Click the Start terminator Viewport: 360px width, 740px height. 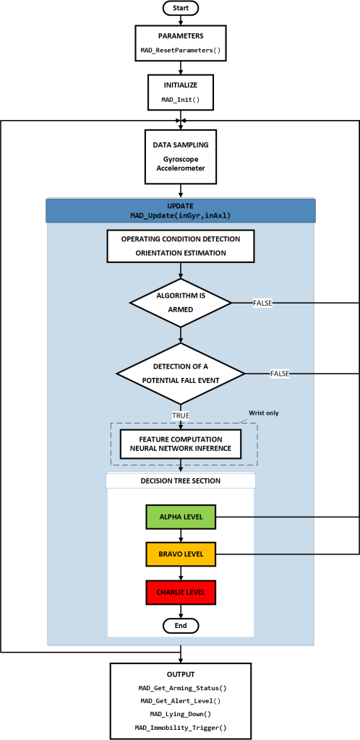pyautogui.click(x=181, y=8)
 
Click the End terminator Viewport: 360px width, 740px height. pyautogui.click(x=181, y=625)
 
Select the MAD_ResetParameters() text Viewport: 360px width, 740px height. pyautogui.click(x=181, y=50)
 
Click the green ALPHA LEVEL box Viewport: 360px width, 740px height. pyautogui.click(x=181, y=517)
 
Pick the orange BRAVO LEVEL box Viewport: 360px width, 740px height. pyautogui.click(x=181, y=554)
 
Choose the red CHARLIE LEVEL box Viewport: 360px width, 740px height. pyautogui.click(x=181, y=592)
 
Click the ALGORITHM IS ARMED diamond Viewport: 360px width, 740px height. pyautogui.click(x=181, y=303)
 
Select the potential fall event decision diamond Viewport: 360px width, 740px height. pyautogui.click(x=181, y=374)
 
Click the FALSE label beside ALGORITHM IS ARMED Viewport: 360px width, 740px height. pyautogui.click(x=263, y=304)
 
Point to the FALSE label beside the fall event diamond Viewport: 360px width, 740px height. pyautogui.click(x=280, y=374)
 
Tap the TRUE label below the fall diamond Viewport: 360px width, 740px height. pyautogui.click(x=181, y=416)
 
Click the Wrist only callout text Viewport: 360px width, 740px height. pyautogui.click(x=264, y=413)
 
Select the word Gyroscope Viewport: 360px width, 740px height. pyautogui.click(x=181, y=159)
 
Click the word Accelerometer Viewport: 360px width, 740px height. pyautogui.click(x=181, y=168)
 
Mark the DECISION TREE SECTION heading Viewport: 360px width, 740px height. pyautogui.click(x=181, y=481)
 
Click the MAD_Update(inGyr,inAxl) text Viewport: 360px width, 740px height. pyautogui.click(x=181, y=215)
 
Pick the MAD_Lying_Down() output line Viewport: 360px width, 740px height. pyautogui.click(x=181, y=715)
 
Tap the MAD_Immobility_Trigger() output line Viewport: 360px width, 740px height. pyautogui.click(x=181, y=727)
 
